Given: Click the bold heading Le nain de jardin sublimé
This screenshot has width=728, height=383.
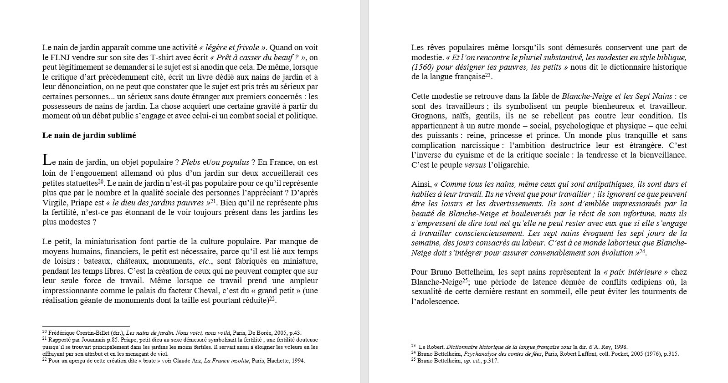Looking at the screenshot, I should click(x=89, y=135).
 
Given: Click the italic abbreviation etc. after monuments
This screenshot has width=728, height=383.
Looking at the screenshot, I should click(x=205, y=261).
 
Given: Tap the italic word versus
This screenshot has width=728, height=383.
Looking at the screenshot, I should click(x=475, y=165).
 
